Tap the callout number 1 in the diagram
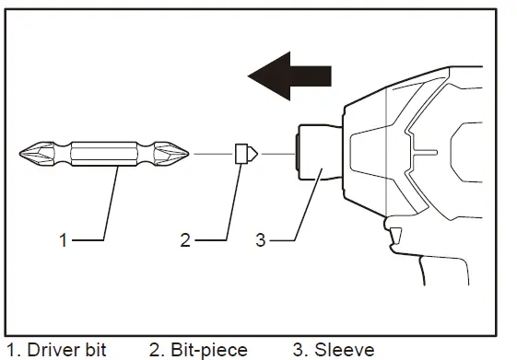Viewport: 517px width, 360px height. (x=64, y=240)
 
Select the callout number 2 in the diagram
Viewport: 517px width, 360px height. (x=185, y=240)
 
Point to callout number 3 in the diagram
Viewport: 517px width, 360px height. (x=261, y=240)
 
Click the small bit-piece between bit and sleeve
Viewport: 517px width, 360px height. (x=245, y=153)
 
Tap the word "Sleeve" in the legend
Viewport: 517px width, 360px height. (x=345, y=350)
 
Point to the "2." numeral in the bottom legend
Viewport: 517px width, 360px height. (x=156, y=350)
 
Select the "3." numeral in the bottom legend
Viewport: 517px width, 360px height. (x=300, y=350)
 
